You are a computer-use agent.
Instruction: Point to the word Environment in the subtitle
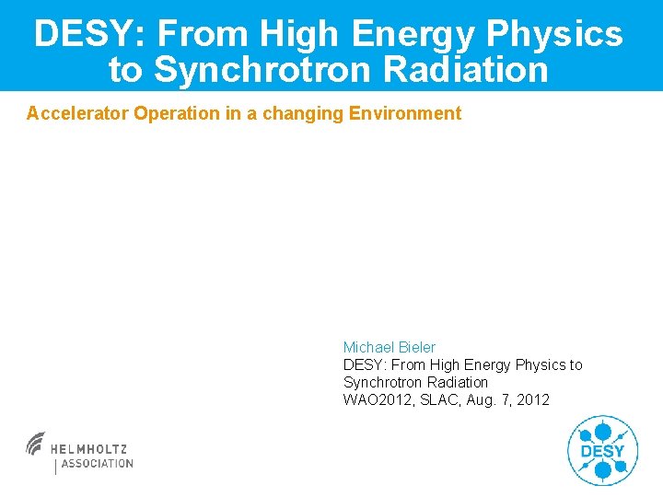click(x=404, y=114)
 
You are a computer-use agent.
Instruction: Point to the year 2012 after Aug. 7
click(x=534, y=399)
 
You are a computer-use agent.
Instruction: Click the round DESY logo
click(x=602, y=450)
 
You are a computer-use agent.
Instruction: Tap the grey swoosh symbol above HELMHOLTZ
click(x=36, y=443)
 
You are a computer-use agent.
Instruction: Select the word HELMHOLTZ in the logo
click(x=89, y=449)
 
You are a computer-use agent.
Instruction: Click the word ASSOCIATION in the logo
click(x=98, y=464)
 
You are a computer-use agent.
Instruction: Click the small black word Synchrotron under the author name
click(x=379, y=382)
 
